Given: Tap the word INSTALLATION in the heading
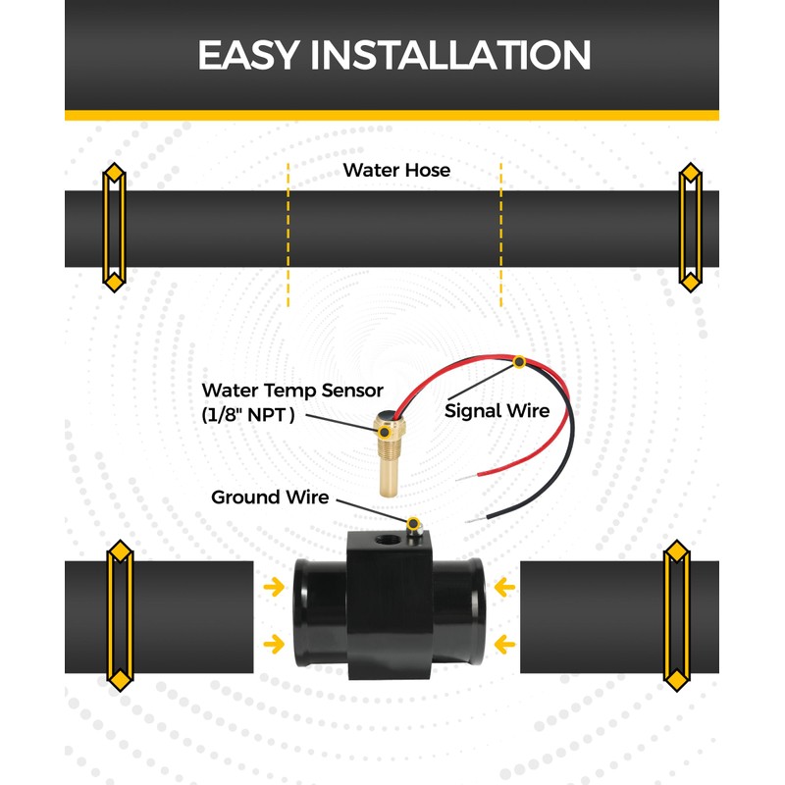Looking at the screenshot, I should pyautogui.click(x=450, y=55).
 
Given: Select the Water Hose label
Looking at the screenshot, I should pyautogui.click(x=396, y=170).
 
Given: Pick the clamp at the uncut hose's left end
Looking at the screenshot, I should pyautogui.click(x=115, y=229).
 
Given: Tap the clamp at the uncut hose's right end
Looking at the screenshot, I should pyautogui.click(x=691, y=227).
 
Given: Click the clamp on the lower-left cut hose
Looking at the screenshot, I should pyautogui.click(x=120, y=613).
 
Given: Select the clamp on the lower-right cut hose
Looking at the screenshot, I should pyautogui.click(x=678, y=613).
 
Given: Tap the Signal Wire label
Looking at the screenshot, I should pyautogui.click(x=497, y=410).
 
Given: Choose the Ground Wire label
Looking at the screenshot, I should pyautogui.click(x=270, y=497).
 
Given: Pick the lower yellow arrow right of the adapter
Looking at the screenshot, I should pyautogui.click(x=504, y=644).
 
